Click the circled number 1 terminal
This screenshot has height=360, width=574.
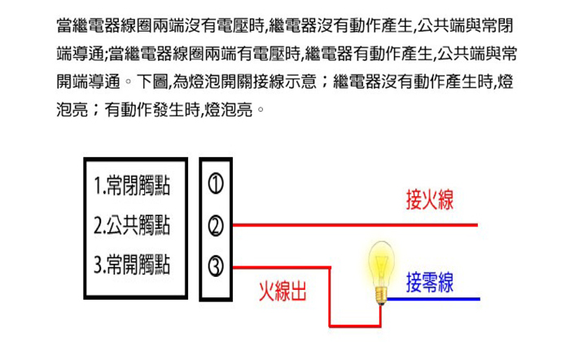(x=216, y=183)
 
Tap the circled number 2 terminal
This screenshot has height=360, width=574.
(x=216, y=226)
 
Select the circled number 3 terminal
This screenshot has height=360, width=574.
(x=216, y=266)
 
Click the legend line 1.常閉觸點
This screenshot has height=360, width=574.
(x=132, y=186)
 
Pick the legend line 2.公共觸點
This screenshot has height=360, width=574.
(x=132, y=225)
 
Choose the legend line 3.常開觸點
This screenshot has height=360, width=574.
(x=132, y=265)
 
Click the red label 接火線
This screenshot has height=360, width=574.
(x=430, y=200)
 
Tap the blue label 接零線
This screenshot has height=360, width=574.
(x=430, y=283)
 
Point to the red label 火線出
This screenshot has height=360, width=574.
(x=283, y=292)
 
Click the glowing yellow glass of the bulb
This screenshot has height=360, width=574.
(x=382, y=263)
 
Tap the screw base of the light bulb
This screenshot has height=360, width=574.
(x=382, y=296)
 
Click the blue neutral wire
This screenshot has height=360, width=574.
(x=433, y=299)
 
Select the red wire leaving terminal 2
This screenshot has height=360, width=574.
(x=355, y=225)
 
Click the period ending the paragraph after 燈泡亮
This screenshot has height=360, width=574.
(x=261, y=109)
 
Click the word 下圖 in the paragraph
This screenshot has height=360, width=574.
(x=152, y=81)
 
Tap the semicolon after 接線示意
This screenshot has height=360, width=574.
(x=324, y=82)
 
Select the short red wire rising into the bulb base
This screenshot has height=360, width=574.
(x=380, y=316)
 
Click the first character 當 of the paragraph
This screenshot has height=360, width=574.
(x=64, y=25)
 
